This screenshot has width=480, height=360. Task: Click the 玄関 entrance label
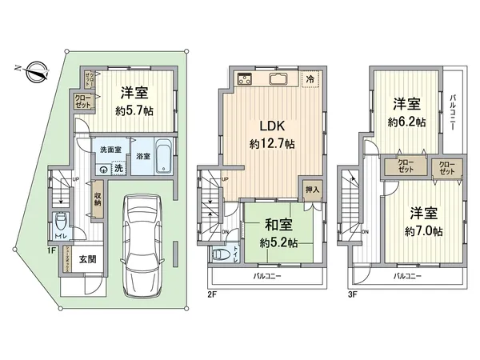point(88,259)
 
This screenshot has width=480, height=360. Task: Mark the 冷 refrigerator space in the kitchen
point(310,78)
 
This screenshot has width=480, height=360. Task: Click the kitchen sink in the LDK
point(281,78)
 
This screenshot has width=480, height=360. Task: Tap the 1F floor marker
point(51,250)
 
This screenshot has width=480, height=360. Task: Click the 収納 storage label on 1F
point(97,198)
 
